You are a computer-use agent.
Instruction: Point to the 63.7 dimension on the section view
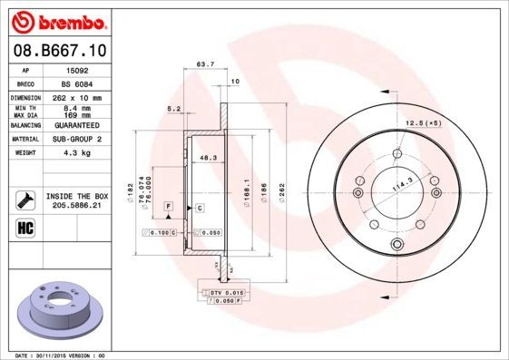click(205, 65)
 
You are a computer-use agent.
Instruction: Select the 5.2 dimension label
click(173, 110)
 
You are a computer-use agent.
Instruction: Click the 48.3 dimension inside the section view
click(208, 158)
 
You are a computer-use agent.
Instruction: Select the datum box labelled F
click(169, 209)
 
